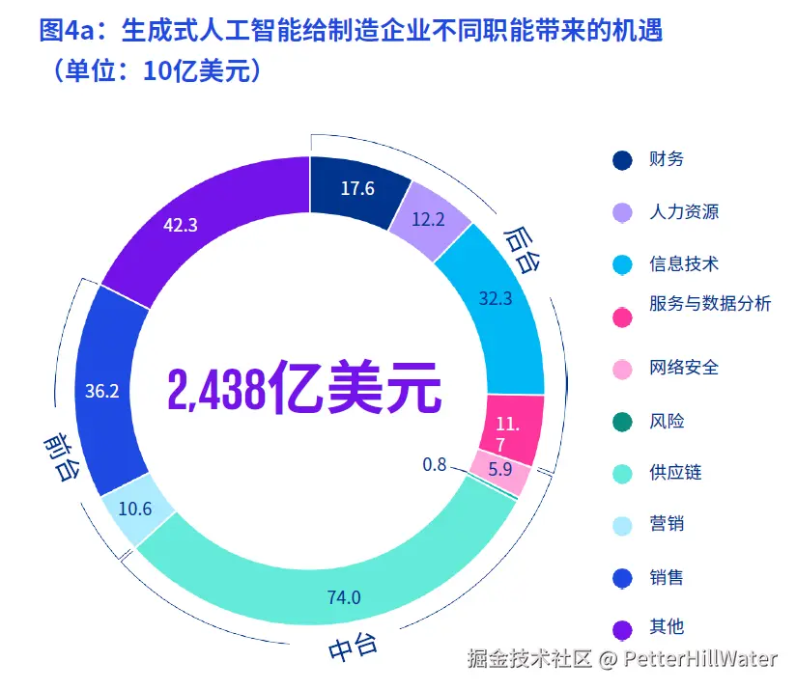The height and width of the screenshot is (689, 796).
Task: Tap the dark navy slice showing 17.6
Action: click(355, 188)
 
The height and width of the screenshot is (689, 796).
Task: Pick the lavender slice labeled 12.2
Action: click(428, 220)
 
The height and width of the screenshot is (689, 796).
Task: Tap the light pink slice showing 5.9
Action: click(500, 470)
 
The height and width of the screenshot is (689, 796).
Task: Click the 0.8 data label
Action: click(435, 464)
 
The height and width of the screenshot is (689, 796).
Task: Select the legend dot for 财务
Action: click(623, 159)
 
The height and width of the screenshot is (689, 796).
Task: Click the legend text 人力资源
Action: click(684, 211)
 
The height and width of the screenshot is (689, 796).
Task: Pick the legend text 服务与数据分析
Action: click(710, 304)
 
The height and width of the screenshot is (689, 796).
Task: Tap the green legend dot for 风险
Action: click(623, 422)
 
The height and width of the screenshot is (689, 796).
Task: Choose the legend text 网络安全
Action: click(684, 368)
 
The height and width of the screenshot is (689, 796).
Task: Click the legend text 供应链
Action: click(675, 472)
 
